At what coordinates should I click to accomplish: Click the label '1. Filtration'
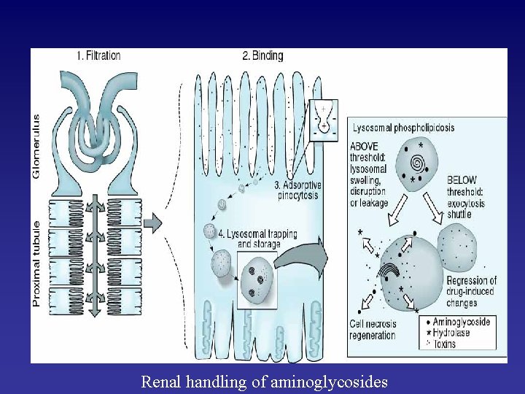[98, 55]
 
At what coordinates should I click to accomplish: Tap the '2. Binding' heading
[262, 55]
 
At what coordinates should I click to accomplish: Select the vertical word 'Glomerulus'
[37, 146]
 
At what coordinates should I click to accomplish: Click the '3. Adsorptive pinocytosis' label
[298, 190]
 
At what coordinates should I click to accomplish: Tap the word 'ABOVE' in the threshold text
[364, 146]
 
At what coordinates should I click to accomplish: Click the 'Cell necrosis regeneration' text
[372, 331]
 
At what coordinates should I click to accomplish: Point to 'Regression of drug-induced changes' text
[471, 292]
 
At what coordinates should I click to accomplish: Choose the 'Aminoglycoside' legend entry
[461, 322]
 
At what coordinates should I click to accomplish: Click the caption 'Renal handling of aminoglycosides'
[264, 382]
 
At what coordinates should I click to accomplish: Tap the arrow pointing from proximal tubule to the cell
[152, 221]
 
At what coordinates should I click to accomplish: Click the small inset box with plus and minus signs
[323, 117]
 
